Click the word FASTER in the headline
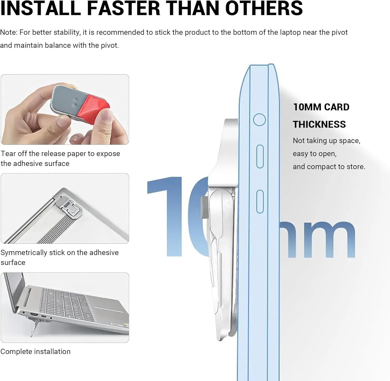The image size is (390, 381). point(123,8)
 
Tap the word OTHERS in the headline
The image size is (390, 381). point(264,8)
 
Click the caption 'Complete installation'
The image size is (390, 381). point(35,351)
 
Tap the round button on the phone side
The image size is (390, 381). point(259,120)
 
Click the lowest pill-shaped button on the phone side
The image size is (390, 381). point(260,202)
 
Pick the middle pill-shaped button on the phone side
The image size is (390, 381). point(260,157)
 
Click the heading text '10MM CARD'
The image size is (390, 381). point(321,107)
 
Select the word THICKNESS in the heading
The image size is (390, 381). point(319,124)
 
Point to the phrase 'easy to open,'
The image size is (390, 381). point(315,154)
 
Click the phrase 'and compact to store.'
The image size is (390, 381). point(329,167)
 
